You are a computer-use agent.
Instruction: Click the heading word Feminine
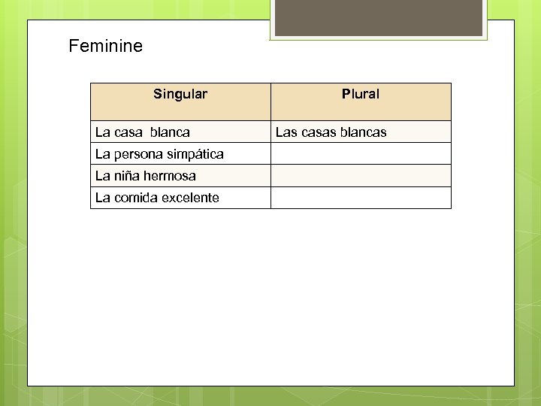[105, 47]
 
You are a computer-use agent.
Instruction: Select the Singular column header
[180, 95]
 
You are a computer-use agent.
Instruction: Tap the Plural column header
[361, 95]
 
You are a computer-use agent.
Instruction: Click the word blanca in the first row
[170, 132]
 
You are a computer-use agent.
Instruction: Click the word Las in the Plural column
[286, 132]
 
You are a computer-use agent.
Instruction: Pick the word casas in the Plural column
[319, 132]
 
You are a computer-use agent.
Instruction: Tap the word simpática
[196, 154]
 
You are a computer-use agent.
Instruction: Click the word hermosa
[171, 176]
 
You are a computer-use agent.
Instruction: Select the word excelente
[190, 198]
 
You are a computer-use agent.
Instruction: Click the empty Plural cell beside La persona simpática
[361, 154]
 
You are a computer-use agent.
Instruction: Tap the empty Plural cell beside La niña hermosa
[361, 176]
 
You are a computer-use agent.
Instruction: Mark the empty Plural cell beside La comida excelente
[361, 198]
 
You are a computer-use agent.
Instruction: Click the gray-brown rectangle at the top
[378, 17]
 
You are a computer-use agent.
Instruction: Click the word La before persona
[102, 154]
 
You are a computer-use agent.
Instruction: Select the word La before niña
[102, 176]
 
